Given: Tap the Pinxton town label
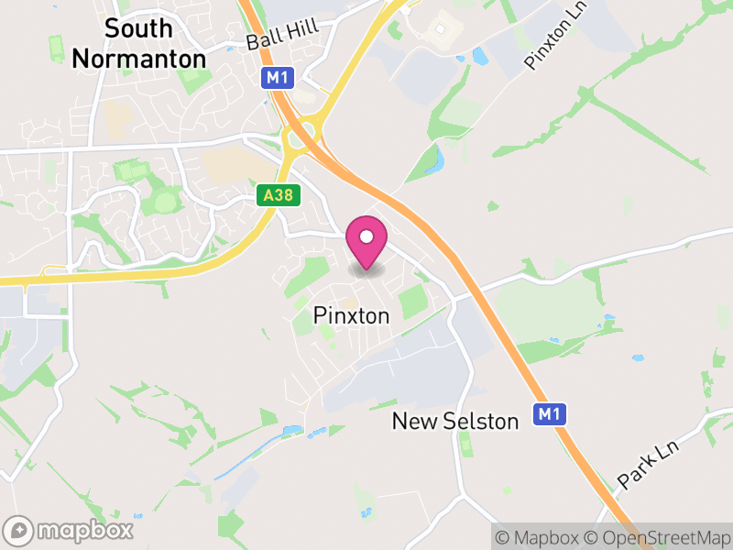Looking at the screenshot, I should pyautogui.click(x=351, y=315).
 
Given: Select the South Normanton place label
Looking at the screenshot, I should pyautogui.click(x=138, y=43).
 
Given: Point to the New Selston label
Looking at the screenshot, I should pyautogui.click(x=455, y=421).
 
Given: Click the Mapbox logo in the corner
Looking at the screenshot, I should pyautogui.click(x=70, y=530).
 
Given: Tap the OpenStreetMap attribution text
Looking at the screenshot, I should pyautogui.click(x=661, y=537).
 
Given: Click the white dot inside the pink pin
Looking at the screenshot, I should pyautogui.click(x=366, y=237).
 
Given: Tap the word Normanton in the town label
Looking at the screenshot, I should pyautogui.click(x=138, y=58).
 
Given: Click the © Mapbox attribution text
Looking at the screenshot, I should pyautogui.click(x=540, y=537).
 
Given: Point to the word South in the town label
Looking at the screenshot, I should pyautogui.click(x=138, y=28).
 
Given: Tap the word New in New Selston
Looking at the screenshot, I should pyautogui.click(x=412, y=421).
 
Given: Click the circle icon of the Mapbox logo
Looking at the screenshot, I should pyautogui.click(x=19, y=530).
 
